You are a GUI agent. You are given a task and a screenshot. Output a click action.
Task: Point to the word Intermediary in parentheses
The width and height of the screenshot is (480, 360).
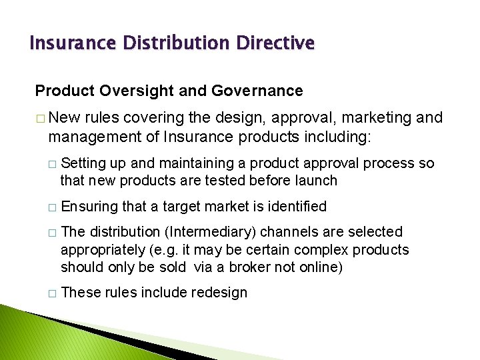213,232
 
